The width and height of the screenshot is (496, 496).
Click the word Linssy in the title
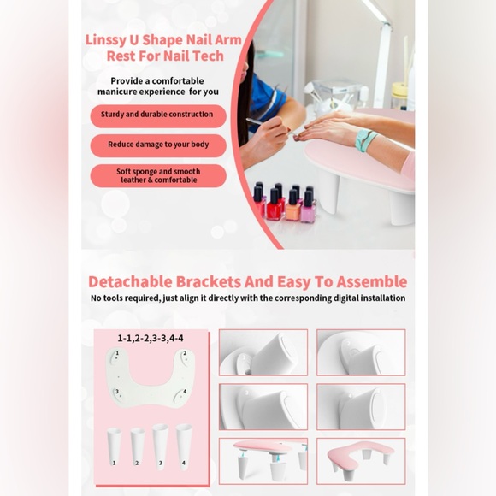(x=105, y=40)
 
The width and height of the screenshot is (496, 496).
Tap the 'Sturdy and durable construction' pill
(x=158, y=115)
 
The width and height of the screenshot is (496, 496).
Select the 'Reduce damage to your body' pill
(x=158, y=145)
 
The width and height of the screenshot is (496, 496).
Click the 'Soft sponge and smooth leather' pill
(x=158, y=176)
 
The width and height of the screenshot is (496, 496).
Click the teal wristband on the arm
(x=364, y=139)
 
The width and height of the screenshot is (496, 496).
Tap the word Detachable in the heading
(x=130, y=281)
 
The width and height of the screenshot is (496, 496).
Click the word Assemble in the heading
(x=372, y=281)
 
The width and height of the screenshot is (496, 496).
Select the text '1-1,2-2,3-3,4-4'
(x=151, y=338)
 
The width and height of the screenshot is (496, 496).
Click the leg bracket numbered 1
(x=114, y=447)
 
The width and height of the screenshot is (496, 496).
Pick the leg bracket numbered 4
(x=184, y=446)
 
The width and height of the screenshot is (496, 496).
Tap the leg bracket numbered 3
(x=161, y=446)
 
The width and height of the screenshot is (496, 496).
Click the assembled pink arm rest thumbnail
(x=361, y=461)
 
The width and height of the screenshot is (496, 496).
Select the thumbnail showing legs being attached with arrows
(x=263, y=461)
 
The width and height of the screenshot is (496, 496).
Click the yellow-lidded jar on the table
(x=399, y=96)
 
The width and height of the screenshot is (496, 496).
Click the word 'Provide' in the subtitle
(x=127, y=81)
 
